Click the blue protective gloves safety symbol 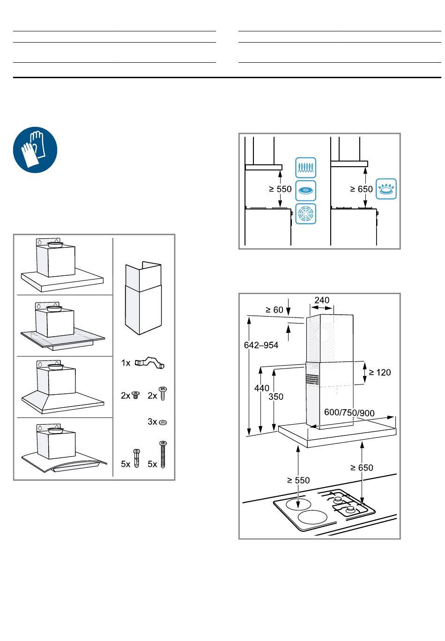[35, 150]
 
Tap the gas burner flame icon [386, 189]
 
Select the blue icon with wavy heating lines [305, 168]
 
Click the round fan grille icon [305, 214]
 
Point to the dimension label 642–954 [261, 345]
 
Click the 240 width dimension [322, 300]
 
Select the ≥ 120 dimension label [379, 372]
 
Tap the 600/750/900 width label [349, 413]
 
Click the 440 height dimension [261, 388]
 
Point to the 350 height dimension [276, 397]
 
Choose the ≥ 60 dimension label [274, 309]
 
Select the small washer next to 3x [163, 422]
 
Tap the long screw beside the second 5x [163, 455]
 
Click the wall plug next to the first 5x [137, 458]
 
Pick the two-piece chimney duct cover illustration [143, 298]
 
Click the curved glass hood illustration [64, 450]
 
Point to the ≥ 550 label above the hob [298, 480]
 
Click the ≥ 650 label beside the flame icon [361, 189]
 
